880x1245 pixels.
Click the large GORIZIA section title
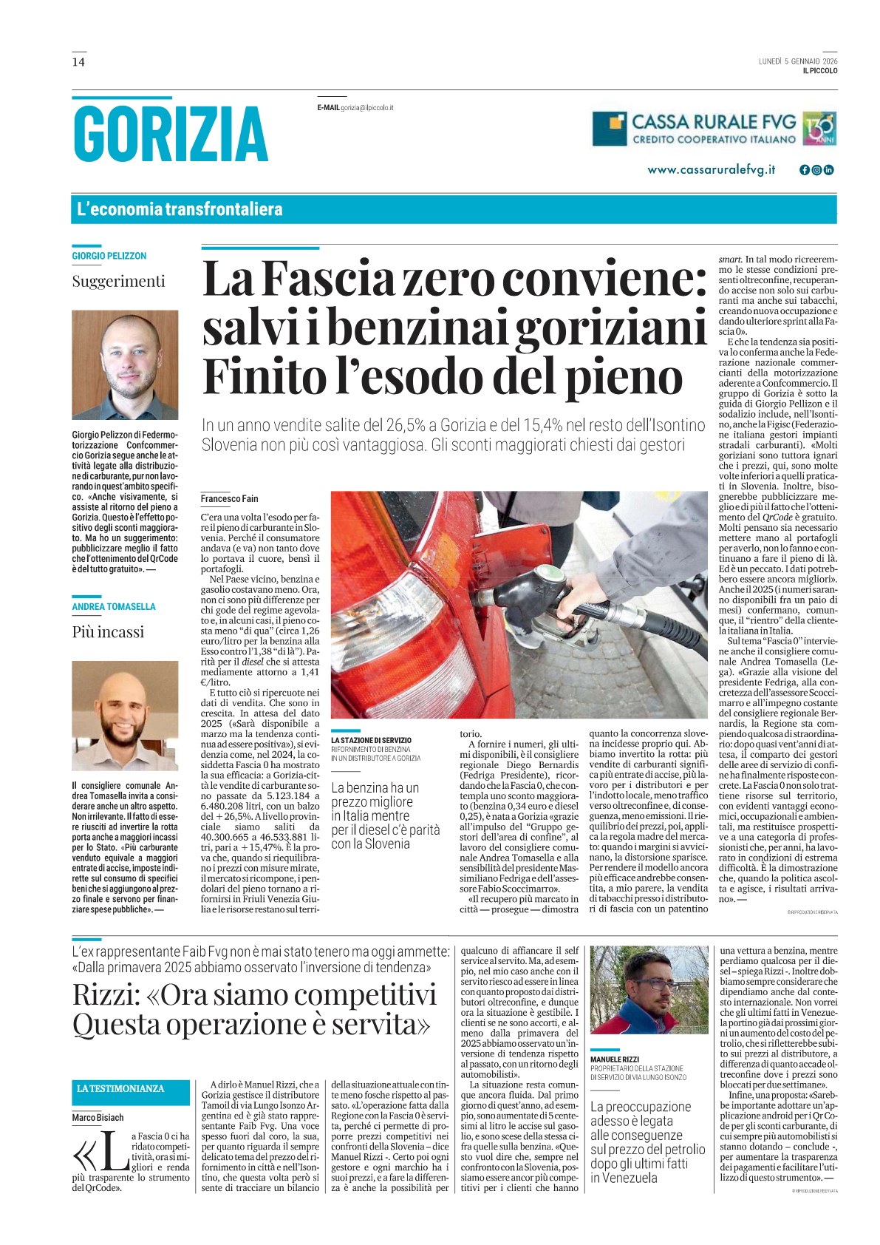[170, 134]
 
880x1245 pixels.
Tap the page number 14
[78, 62]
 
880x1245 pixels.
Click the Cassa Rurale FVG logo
[714, 129]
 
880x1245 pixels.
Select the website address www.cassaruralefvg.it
[711, 170]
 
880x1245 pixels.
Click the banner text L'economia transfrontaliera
[180, 209]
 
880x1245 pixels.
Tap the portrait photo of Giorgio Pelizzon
[125, 364]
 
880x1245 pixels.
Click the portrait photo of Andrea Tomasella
[125, 715]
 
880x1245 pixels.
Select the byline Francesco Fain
[230, 499]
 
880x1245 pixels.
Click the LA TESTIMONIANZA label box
[120, 1089]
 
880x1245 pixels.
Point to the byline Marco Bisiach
[98, 1118]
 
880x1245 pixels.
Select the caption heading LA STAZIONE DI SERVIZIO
[371, 740]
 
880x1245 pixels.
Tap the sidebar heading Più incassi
[108, 632]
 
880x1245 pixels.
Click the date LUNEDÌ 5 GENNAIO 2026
[797, 61]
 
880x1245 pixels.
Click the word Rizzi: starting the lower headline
[106, 996]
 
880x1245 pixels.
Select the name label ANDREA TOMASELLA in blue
[114, 607]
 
